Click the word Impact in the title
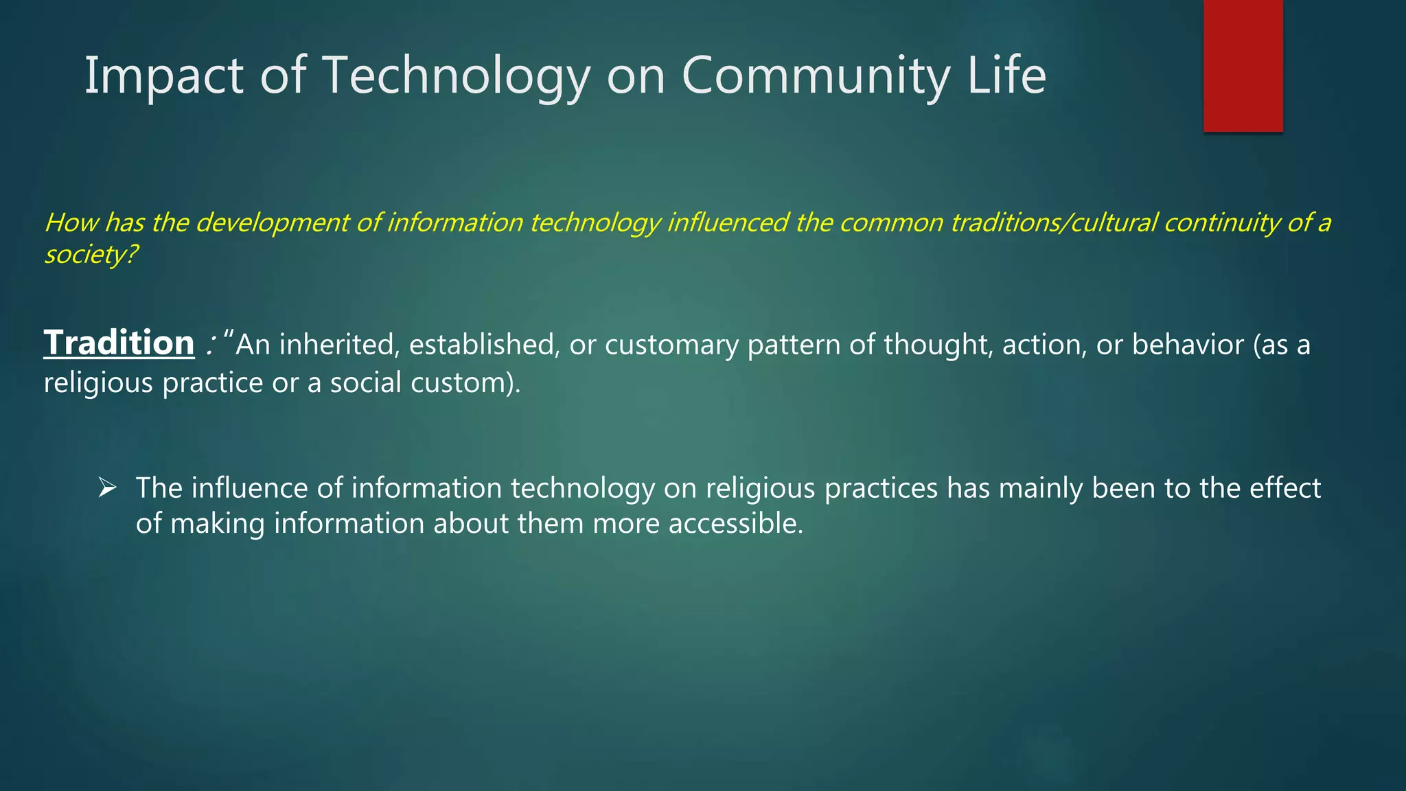coord(163,76)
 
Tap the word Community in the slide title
coord(816,76)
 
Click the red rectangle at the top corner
coord(1243,66)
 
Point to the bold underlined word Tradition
coord(119,343)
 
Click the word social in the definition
coord(365,382)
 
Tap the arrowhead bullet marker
coord(107,488)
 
